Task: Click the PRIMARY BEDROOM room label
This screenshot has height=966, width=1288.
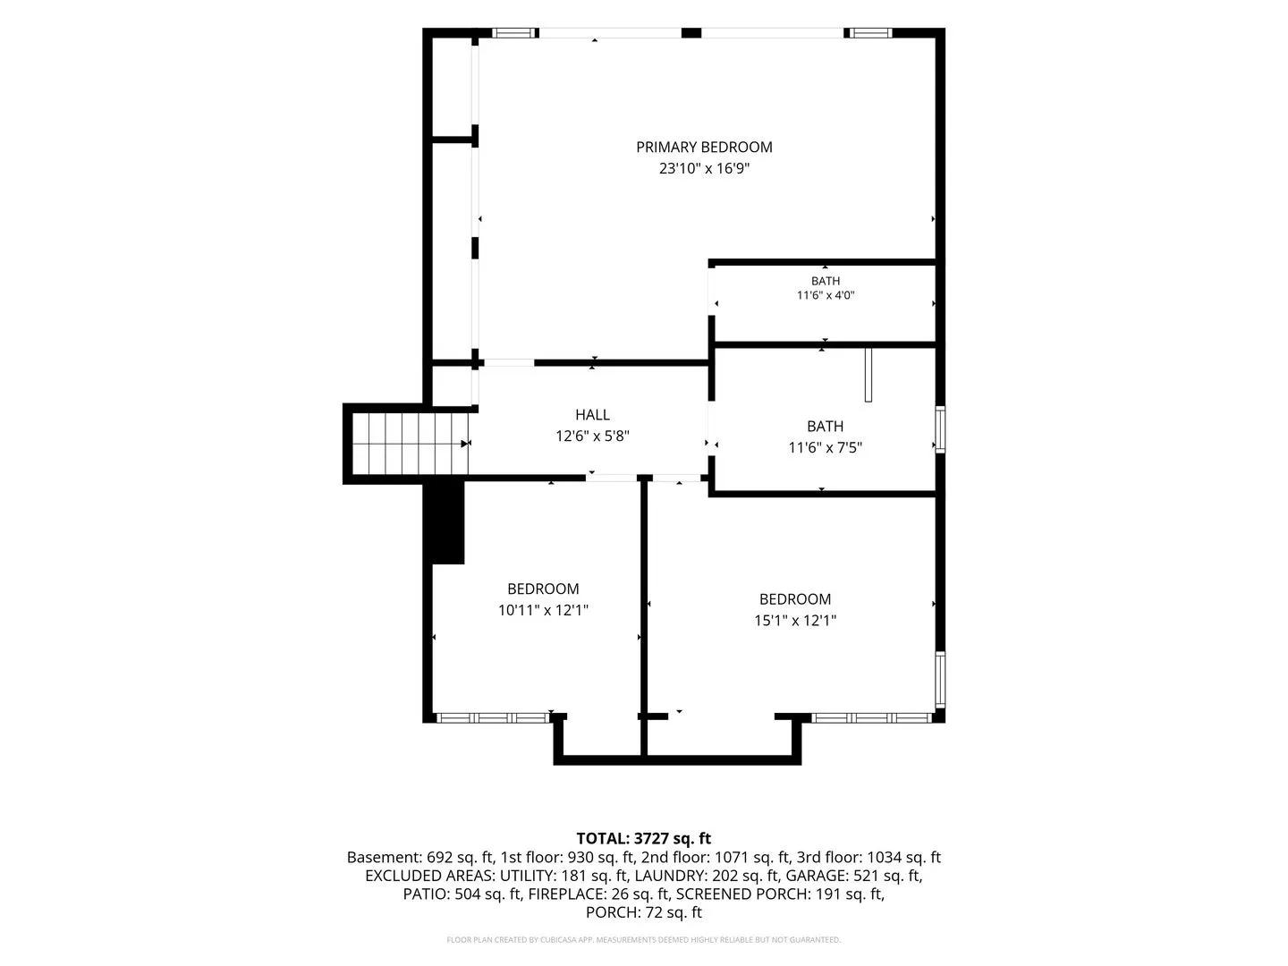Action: pos(704,148)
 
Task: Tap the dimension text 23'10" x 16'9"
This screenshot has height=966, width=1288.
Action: pos(704,169)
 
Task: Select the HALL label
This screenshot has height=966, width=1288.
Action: pos(592,415)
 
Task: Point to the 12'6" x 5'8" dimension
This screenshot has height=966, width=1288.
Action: pos(592,436)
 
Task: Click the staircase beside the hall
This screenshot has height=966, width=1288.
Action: pos(410,444)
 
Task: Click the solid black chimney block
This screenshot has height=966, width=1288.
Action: pos(448,522)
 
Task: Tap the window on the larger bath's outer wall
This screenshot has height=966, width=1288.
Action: pos(940,429)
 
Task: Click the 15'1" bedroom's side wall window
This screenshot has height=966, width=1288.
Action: pos(940,679)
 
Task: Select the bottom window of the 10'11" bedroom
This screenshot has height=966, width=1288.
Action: pos(494,718)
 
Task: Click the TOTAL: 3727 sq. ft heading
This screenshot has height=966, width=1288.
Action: pos(644,839)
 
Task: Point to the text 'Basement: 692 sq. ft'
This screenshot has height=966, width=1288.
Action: pos(420,858)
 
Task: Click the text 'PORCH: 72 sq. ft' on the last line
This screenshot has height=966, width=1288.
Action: pos(644,912)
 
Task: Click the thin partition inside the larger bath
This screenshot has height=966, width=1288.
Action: pos(869,376)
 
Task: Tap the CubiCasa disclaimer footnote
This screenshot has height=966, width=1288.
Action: pos(644,939)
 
